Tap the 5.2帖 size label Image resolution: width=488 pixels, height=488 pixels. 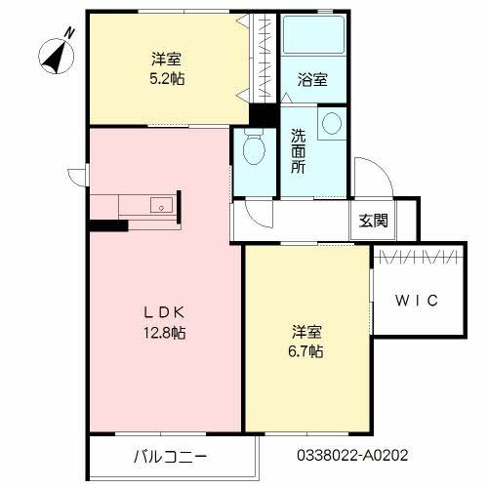[x=163, y=78]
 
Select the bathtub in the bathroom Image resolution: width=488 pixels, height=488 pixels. [x=312, y=40]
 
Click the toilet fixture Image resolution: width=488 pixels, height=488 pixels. [x=252, y=151]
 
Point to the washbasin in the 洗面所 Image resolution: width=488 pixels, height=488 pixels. [x=332, y=123]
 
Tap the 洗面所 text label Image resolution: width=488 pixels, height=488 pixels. [x=298, y=151]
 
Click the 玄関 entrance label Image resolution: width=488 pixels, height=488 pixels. [x=371, y=221]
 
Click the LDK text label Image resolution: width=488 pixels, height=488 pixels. [x=164, y=313]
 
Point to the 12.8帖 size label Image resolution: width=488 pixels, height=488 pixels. [x=164, y=333]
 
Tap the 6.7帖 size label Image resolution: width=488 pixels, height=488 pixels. [x=305, y=349]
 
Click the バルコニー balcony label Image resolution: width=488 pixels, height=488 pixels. [x=170, y=455]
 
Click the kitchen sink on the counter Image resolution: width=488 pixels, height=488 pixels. [x=162, y=205]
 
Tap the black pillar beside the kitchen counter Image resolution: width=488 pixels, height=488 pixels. [x=107, y=226]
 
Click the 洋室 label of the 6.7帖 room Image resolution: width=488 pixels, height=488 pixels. [x=305, y=330]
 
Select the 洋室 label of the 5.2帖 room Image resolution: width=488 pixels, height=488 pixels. [x=163, y=59]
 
